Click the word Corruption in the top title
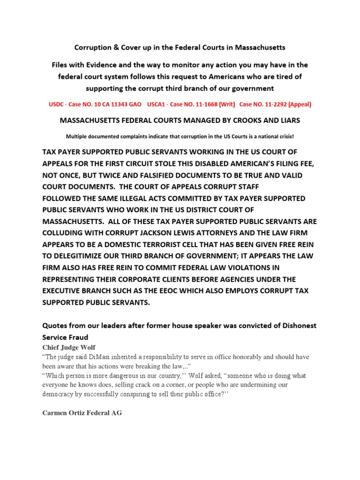(x=93, y=48)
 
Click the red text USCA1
(x=157, y=105)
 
